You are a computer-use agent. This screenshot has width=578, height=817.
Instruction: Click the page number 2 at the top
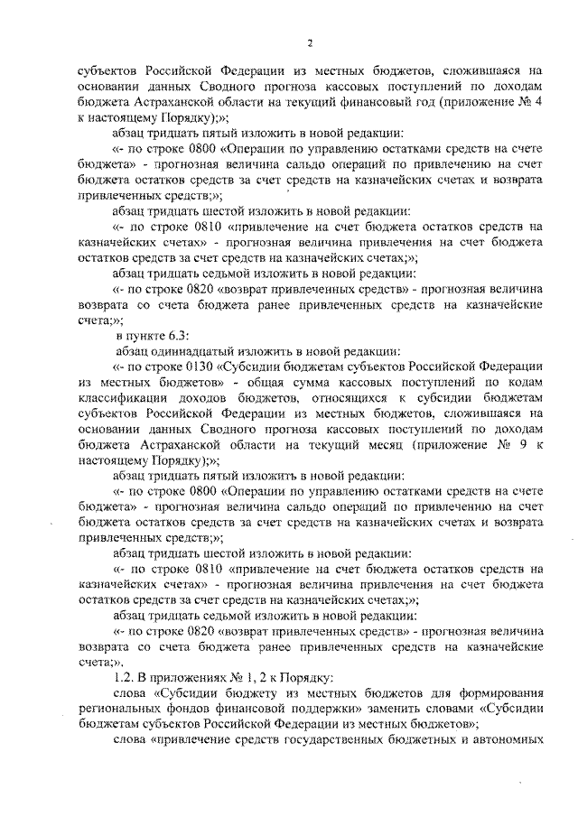(x=309, y=43)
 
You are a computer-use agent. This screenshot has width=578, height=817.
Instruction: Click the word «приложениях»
(x=186, y=677)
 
